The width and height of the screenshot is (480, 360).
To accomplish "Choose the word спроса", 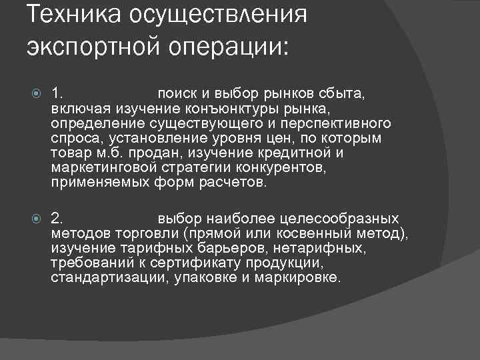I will (73, 139).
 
